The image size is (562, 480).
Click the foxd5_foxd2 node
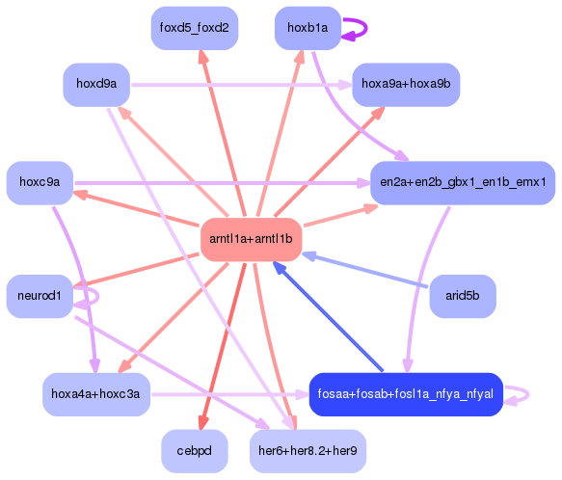(x=194, y=28)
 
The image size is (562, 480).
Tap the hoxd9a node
(x=96, y=85)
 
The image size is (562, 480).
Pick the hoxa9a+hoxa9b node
(x=405, y=85)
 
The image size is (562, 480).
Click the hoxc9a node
(x=40, y=182)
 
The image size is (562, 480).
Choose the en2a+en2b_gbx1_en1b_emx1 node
(x=463, y=182)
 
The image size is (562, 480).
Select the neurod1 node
(x=40, y=296)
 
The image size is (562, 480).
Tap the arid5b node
(x=463, y=296)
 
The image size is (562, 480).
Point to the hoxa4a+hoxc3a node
(x=96, y=394)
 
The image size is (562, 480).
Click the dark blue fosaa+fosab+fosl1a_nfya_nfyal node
(x=405, y=394)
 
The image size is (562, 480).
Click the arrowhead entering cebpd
(x=201, y=424)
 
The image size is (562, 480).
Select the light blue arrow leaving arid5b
(x=366, y=271)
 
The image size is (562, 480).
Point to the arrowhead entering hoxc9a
(x=82, y=194)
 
